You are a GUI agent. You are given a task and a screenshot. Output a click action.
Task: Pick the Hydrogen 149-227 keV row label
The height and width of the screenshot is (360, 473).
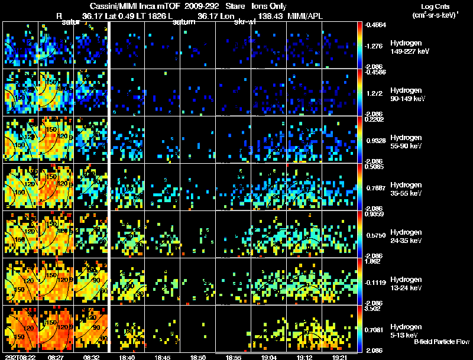[x=409, y=47]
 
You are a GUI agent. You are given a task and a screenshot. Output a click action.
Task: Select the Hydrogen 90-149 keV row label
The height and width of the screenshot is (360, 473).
[x=409, y=95]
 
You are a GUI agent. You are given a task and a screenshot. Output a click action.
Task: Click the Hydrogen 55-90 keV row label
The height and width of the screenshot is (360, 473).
[x=409, y=141]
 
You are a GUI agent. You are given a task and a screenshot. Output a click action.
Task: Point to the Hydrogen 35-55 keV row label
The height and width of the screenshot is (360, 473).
[x=409, y=189]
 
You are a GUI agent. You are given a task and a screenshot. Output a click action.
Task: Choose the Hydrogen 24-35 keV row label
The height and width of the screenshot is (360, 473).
[x=409, y=236]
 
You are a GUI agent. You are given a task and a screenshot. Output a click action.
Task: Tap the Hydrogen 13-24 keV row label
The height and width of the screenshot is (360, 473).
[x=409, y=283]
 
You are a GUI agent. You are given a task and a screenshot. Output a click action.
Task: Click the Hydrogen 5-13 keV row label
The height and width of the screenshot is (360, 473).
[x=409, y=330]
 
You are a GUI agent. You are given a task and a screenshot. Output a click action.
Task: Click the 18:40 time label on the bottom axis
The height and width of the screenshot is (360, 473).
[x=127, y=356]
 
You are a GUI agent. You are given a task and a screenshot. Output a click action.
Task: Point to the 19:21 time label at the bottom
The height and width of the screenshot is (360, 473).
[x=339, y=356]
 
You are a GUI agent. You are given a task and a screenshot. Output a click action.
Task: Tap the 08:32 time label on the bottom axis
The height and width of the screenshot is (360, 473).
[x=92, y=356]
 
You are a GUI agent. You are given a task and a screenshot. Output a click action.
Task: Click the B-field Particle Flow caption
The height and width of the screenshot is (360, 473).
[x=441, y=342]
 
